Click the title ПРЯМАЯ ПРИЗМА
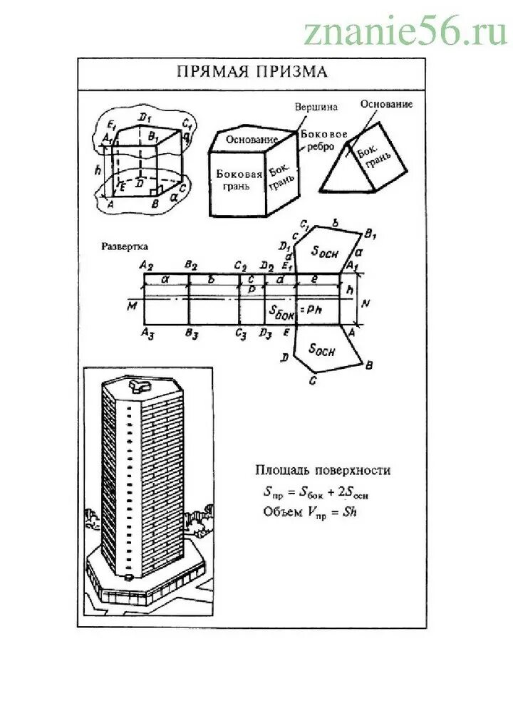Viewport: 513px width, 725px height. [x=251, y=73]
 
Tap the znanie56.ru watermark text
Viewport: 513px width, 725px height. [x=405, y=31]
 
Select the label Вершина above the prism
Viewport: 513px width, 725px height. [x=314, y=107]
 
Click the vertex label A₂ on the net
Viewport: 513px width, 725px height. [x=147, y=266]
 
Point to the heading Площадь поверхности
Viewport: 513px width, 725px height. [x=323, y=470]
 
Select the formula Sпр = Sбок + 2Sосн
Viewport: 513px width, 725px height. [x=318, y=492]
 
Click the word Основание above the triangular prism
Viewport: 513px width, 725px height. [x=386, y=105]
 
